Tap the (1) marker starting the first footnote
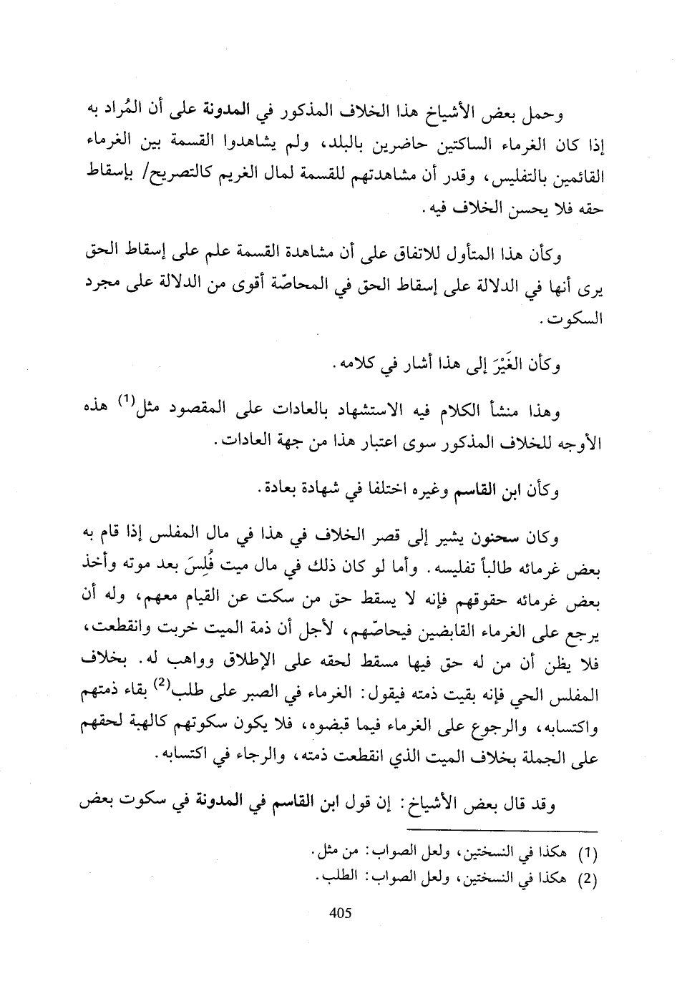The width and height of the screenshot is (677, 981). (587, 853)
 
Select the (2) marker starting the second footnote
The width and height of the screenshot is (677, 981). (587, 879)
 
